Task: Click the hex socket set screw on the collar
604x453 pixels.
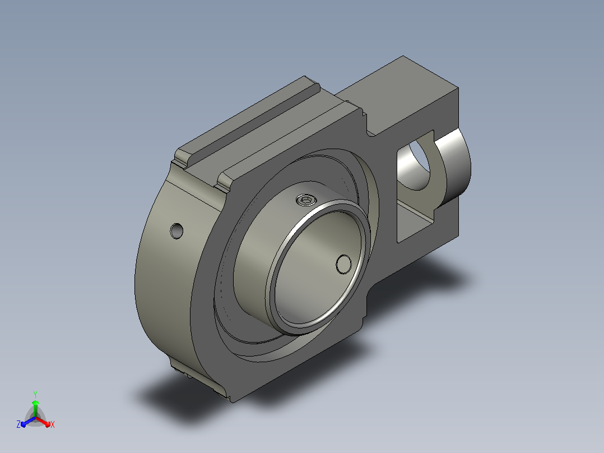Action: (306, 200)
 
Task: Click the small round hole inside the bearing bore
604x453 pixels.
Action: (343, 264)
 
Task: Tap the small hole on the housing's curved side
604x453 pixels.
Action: (176, 230)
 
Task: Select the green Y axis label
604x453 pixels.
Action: (35, 394)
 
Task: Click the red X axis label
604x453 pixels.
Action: (53, 424)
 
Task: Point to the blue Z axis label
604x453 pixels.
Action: (18, 424)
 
